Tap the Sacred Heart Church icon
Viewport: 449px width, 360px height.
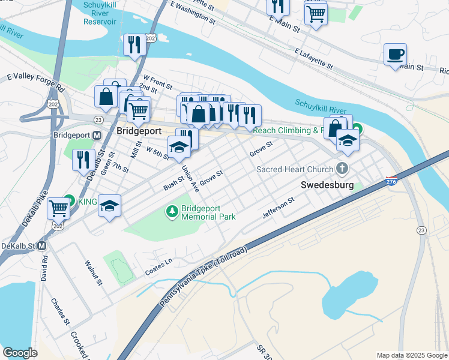343,169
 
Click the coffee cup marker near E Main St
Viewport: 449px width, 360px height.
395,55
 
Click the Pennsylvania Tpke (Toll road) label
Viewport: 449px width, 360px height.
203,277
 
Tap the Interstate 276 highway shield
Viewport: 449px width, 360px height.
391,181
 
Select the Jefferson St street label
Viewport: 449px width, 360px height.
278,207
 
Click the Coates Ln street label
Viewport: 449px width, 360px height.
158,268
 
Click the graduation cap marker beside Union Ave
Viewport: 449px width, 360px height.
178,148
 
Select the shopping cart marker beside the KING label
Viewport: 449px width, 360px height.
58,208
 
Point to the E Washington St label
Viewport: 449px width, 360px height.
193,13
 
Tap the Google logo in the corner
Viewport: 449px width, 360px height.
20,353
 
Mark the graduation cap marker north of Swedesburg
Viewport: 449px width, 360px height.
347,140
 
